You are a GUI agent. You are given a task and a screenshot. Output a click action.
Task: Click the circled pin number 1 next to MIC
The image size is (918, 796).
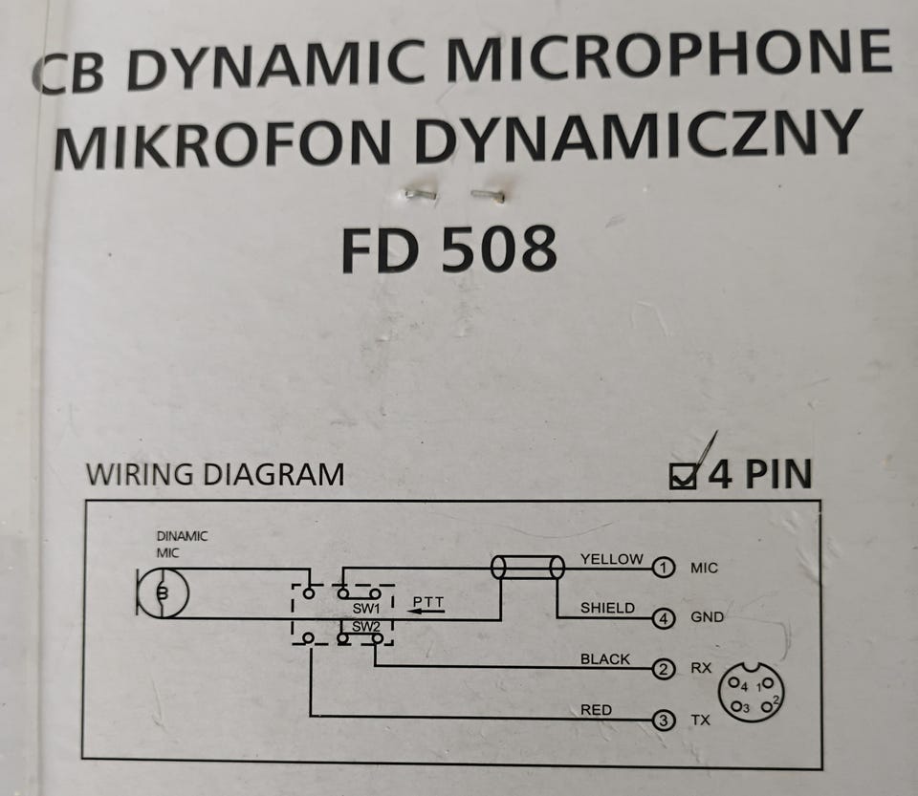(664, 568)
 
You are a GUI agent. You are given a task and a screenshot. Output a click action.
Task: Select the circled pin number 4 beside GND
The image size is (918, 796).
(664, 618)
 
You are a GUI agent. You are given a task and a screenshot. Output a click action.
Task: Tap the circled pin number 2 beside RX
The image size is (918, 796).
(664, 669)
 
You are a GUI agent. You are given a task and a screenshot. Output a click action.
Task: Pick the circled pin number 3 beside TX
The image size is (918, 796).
(664, 720)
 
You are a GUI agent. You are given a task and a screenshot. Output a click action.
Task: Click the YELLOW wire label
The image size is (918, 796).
(611, 559)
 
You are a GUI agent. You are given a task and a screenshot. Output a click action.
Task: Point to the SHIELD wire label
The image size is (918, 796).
(607, 609)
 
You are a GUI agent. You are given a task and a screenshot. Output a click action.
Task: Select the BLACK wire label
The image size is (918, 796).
(604, 659)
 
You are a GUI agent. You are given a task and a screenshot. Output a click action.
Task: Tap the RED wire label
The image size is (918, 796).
(596, 710)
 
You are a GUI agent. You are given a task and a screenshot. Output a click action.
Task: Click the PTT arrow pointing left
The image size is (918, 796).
(426, 612)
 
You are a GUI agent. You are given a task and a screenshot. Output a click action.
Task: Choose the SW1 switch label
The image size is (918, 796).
(366, 609)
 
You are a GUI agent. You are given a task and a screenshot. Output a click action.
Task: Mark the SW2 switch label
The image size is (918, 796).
(366, 627)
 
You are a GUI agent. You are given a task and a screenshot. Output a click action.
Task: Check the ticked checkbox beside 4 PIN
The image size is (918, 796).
(683, 476)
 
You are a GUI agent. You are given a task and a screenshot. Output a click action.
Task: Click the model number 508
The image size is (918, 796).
(498, 249)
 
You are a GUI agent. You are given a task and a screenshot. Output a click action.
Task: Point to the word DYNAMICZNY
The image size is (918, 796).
(639, 135)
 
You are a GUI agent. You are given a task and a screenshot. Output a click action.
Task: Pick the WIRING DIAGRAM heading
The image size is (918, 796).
(215, 474)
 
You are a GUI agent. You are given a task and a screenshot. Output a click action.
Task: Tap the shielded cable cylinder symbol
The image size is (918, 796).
(528, 568)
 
